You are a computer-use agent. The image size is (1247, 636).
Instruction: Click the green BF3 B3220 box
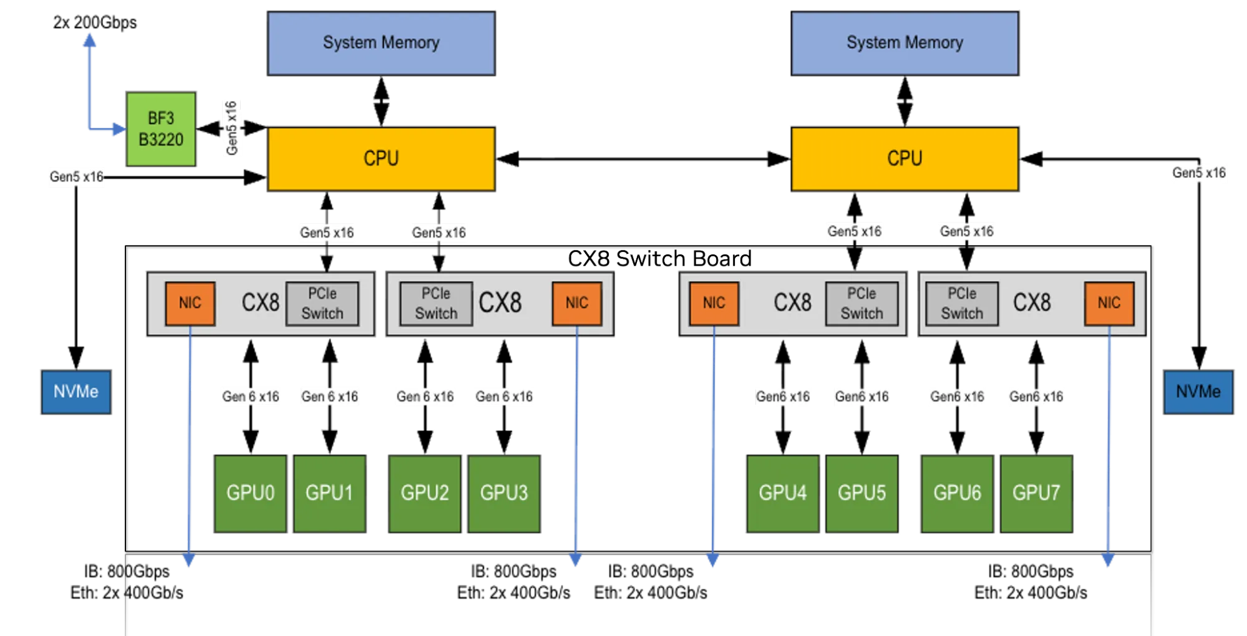click(x=161, y=129)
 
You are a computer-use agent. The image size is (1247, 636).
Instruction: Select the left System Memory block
click(x=381, y=43)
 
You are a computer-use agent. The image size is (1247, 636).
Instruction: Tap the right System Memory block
click(x=905, y=43)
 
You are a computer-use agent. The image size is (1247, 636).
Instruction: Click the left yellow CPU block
click(x=381, y=158)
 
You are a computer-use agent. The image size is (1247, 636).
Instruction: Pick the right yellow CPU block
click(x=905, y=158)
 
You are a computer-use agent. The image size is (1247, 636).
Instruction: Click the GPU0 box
click(x=250, y=493)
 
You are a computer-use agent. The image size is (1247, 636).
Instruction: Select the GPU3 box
click(x=504, y=493)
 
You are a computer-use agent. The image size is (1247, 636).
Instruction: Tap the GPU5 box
click(x=861, y=493)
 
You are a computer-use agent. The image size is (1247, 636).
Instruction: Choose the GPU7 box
click(x=1036, y=493)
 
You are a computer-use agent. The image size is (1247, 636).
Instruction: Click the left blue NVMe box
click(x=76, y=392)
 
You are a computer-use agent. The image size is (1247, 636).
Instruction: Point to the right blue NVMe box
click(x=1198, y=392)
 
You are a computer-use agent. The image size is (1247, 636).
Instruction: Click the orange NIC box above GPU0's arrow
click(x=190, y=304)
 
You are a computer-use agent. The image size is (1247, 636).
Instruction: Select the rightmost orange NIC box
click(x=1109, y=304)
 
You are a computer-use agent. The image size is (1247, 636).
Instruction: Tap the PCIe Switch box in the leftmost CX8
click(x=323, y=304)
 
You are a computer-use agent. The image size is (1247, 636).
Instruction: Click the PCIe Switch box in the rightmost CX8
click(x=962, y=304)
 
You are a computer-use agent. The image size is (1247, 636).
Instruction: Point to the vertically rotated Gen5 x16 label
click(x=231, y=127)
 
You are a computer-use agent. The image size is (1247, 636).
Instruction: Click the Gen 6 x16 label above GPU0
click(x=251, y=397)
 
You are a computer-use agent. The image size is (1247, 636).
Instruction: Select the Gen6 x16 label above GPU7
click(x=1036, y=397)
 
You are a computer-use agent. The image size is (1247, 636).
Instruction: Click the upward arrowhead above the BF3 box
click(x=90, y=40)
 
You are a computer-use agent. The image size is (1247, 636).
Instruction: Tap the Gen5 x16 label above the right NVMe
click(x=1199, y=173)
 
